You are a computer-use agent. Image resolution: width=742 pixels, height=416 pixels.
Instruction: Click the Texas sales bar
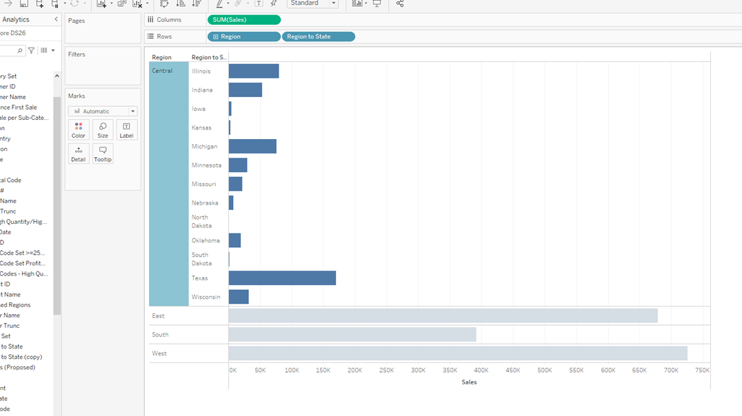point(282,278)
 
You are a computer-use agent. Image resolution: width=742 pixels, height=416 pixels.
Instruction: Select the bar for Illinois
point(254,71)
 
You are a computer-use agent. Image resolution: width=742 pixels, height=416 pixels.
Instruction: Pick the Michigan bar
point(252,146)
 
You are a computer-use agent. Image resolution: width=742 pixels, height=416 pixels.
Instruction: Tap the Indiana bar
point(245,90)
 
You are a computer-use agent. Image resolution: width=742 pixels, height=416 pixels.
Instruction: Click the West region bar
point(458,353)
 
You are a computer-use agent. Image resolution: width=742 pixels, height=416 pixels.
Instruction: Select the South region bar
point(352,335)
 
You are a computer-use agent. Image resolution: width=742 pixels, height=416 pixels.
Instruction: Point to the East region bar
point(443,315)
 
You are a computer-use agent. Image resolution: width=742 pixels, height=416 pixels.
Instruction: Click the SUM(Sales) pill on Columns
point(244,20)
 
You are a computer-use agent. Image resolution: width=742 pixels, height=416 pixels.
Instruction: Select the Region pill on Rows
point(244,37)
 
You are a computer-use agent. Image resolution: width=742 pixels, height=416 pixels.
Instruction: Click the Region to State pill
point(319,37)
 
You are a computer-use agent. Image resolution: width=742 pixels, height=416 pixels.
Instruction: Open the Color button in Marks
point(79,129)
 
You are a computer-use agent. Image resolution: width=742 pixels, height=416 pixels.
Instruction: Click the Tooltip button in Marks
point(103,154)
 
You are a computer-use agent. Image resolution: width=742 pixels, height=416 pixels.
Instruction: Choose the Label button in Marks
point(126,129)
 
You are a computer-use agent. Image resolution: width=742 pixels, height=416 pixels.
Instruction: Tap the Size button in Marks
point(103,129)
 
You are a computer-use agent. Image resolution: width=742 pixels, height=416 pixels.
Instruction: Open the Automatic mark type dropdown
point(103,112)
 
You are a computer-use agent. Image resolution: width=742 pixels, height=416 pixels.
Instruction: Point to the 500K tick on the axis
point(545,371)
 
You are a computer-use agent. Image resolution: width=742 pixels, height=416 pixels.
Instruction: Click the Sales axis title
point(469,382)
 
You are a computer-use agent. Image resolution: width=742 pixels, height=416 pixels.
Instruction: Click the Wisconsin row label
point(206,297)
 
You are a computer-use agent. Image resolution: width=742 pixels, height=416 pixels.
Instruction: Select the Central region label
point(163,71)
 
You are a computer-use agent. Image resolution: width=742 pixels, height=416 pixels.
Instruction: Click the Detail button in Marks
point(79,154)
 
